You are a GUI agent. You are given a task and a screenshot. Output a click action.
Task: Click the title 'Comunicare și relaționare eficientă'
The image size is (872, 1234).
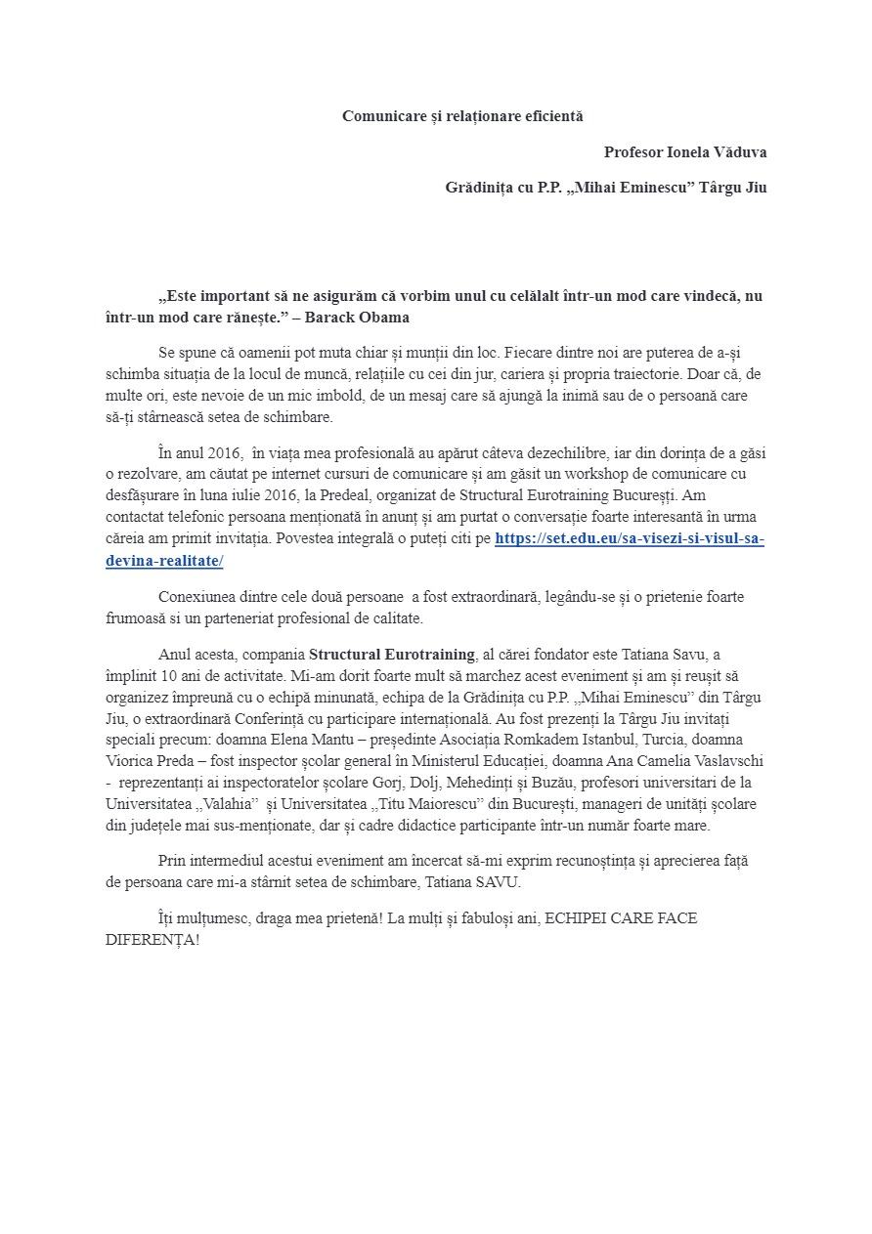(461, 116)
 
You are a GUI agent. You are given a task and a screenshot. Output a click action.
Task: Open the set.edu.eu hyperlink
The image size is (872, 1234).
(630, 539)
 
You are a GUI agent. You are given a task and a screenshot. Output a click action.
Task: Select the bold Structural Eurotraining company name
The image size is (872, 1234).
(392, 655)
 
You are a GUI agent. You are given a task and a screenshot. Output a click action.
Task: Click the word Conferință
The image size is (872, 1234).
(266, 718)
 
